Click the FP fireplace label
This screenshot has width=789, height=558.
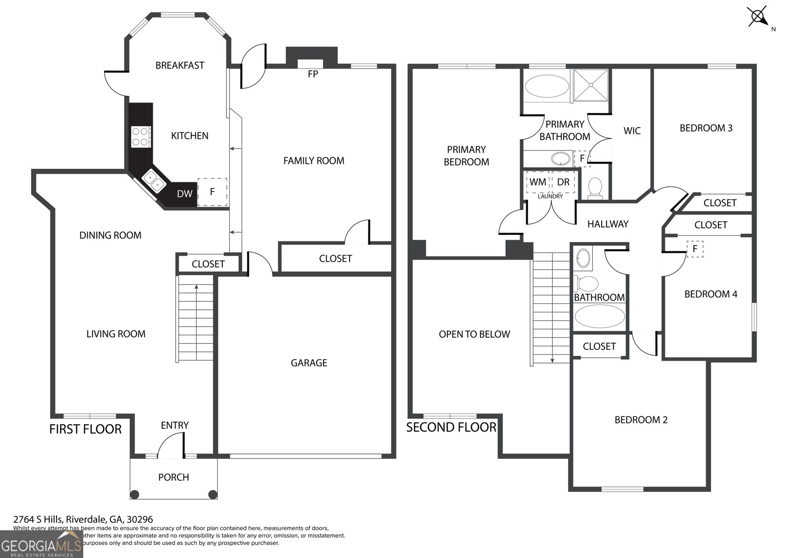pyautogui.click(x=313, y=74)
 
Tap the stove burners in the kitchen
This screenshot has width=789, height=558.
pyautogui.click(x=141, y=137)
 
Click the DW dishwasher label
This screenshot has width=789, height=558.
pyautogui.click(x=184, y=194)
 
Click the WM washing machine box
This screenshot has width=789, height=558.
pyautogui.click(x=538, y=182)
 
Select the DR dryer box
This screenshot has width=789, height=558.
pyautogui.click(x=563, y=182)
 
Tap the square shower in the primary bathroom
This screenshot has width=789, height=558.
pyautogui.click(x=591, y=85)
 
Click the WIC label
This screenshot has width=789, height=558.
pyautogui.click(x=632, y=131)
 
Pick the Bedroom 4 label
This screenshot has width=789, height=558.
pyautogui.click(x=711, y=295)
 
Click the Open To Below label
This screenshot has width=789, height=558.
pyautogui.click(x=474, y=335)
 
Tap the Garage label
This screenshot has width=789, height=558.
pyautogui.click(x=309, y=363)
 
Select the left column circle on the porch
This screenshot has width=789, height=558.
pyautogui.click(x=135, y=494)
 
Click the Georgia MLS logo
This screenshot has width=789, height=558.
pyautogui.click(x=41, y=545)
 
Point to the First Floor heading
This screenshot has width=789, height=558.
pyautogui.click(x=85, y=429)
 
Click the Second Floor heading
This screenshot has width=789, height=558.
pyautogui.click(x=451, y=427)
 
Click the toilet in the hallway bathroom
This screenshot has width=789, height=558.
pyautogui.click(x=587, y=284)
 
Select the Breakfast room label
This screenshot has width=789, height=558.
pyautogui.click(x=179, y=66)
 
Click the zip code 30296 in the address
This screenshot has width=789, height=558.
pyautogui.click(x=140, y=520)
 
